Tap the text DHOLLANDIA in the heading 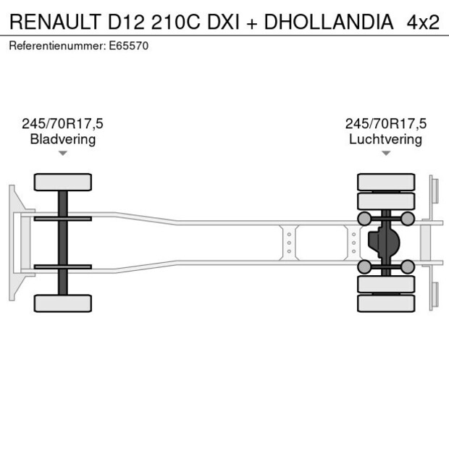point(329,22)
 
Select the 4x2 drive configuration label point(423,22)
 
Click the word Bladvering point(62,140)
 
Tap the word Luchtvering point(385,140)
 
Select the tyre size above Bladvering point(62,125)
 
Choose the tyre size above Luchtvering point(385,125)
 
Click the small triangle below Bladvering point(63,153)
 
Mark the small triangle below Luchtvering point(386,153)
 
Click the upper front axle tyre point(63,182)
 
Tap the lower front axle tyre point(63,303)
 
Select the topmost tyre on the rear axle point(386,181)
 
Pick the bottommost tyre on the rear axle point(386,303)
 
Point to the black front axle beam point(63,243)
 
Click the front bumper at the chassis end point(14,243)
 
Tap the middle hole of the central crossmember point(289,243)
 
